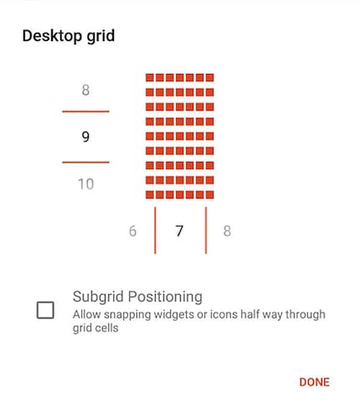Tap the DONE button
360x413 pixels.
[314, 382]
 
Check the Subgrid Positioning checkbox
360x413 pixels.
[45, 310]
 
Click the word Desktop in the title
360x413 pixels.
[53, 36]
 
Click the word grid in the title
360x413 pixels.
[100, 37]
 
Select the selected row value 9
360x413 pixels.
[85, 137]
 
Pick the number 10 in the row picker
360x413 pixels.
[85, 184]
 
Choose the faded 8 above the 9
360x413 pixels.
[85, 90]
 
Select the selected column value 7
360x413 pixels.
[179, 231]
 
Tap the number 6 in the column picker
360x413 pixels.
[132, 231]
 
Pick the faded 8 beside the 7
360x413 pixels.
[227, 231]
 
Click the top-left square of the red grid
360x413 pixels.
[150, 77]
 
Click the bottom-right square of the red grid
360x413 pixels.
[210, 194]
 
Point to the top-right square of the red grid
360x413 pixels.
[210, 77]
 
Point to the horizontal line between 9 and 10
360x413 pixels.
[85, 162]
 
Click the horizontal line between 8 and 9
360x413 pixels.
[85, 111]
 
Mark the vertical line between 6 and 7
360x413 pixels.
[155, 230]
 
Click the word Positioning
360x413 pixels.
[165, 297]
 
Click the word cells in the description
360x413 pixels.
[107, 328]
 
